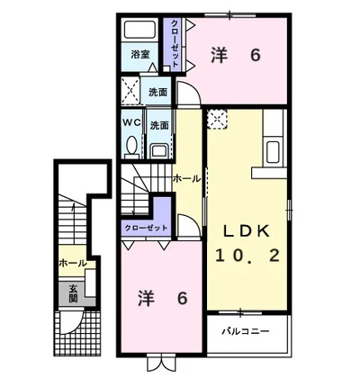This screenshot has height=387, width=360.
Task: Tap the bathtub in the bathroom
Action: (139, 30)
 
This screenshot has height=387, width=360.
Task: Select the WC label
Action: (131, 122)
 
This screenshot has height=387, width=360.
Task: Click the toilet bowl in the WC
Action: (131, 145)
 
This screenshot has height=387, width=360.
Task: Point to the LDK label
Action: (247, 231)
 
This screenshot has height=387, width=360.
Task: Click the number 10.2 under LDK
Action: (247, 256)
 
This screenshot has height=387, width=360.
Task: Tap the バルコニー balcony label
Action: (246, 331)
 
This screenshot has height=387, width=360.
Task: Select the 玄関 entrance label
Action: (74, 294)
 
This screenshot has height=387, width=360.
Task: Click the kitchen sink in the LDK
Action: (273, 152)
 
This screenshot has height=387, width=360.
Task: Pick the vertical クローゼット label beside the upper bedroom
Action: (175, 43)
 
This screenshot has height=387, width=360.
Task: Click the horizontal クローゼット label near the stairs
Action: (146, 228)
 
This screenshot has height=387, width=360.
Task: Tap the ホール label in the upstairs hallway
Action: (186, 179)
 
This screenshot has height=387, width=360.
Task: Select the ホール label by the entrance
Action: (73, 264)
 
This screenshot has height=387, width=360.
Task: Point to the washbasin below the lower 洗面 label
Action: (159, 150)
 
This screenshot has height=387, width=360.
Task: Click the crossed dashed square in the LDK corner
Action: (217, 119)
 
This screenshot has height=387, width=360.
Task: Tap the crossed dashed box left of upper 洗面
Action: (130, 91)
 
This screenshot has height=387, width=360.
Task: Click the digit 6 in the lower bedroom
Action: (182, 299)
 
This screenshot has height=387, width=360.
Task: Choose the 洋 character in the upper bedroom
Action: (219, 56)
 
